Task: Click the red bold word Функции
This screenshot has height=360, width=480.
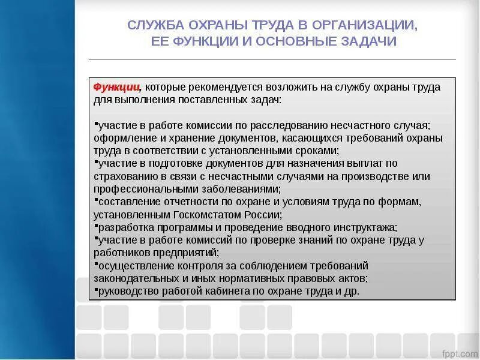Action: point(116,87)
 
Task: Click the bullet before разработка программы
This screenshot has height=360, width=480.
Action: point(96,225)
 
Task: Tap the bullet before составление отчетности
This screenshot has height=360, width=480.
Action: point(96,199)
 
